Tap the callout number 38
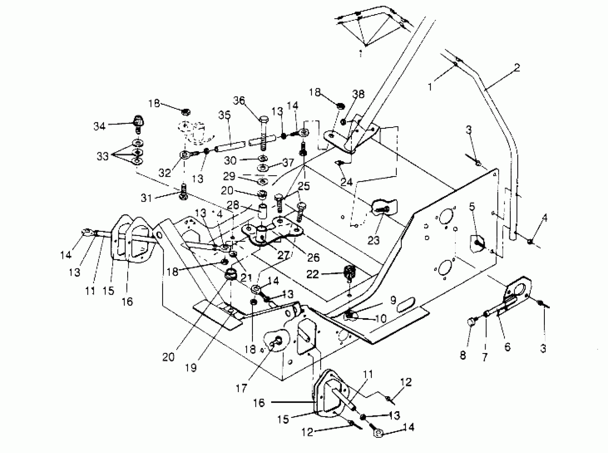coord(358,94)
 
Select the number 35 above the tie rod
coord(225,115)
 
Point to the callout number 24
coord(346,181)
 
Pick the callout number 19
coord(191,368)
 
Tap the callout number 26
coord(313,257)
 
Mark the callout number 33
coord(102,156)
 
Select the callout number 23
coord(373,240)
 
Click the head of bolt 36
coord(263,120)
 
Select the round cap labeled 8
coord(471,321)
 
